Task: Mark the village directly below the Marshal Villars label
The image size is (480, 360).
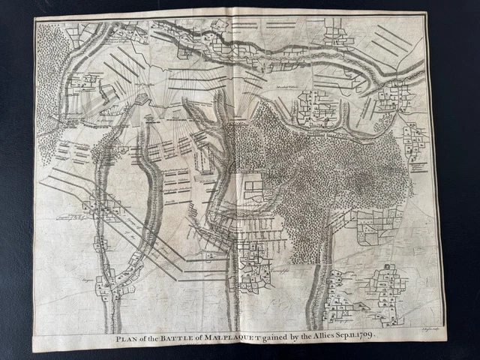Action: click(x=315, y=109)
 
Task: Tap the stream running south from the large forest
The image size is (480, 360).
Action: click(x=319, y=285)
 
